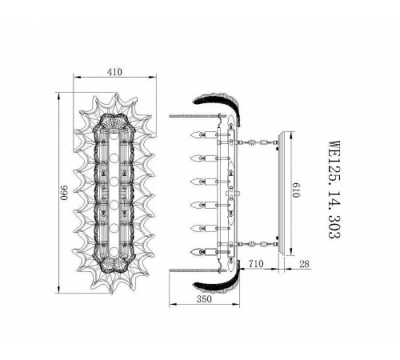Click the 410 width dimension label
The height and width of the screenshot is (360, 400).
click(115, 71)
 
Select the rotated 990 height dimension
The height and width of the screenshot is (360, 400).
click(62, 194)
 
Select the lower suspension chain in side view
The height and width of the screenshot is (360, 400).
click(255, 242)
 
